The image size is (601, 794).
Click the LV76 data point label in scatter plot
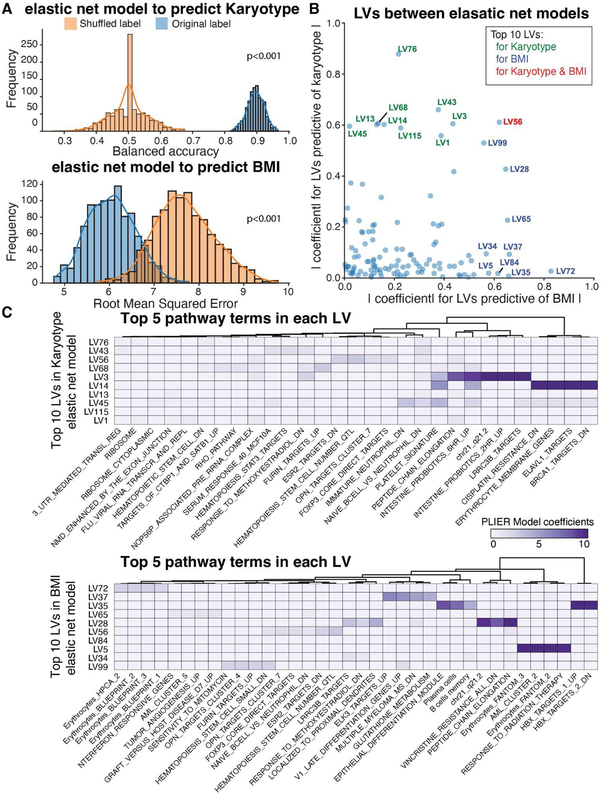407,49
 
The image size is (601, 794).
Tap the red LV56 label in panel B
512,122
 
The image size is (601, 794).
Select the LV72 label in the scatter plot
565,271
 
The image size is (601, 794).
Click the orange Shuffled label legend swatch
70,23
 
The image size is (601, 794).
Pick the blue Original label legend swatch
162,23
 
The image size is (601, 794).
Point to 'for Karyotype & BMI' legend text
541,71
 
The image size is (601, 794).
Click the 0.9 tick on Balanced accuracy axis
257,141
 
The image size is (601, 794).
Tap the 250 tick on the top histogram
29,45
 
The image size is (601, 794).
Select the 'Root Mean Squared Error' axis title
165,303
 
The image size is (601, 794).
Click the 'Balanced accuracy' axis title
165,151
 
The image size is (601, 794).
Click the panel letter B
314,8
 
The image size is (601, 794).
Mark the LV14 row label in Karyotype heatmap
98,386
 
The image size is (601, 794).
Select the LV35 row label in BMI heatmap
98,606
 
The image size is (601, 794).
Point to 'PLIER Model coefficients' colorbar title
537,522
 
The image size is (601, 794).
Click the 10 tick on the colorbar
583,544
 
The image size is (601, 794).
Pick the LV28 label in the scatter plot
519,169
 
